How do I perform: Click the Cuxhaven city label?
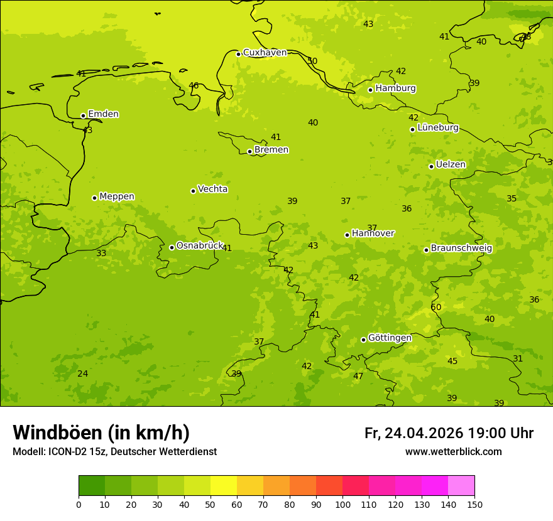point(265,53)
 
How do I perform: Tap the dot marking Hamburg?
point(370,90)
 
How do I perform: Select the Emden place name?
point(103,114)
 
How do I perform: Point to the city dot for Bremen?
point(249,151)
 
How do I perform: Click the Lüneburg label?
point(437,127)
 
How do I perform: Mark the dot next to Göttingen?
point(363,340)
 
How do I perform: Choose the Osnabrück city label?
point(199,245)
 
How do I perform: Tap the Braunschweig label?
point(461,248)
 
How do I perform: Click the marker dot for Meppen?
point(94,198)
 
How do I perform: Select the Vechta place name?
point(212,189)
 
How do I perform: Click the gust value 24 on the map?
point(82,373)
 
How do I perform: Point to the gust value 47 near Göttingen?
point(358,376)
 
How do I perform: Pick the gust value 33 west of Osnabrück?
point(101,253)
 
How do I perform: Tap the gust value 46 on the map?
point(194,85)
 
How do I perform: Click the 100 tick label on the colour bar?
point(342,504)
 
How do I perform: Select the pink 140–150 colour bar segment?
point(461,485)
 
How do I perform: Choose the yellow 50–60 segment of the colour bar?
point(224,485)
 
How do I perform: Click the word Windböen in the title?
point(57,432)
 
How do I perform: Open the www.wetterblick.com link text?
point(453,451)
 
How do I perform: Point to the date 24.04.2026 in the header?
point(424,433)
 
